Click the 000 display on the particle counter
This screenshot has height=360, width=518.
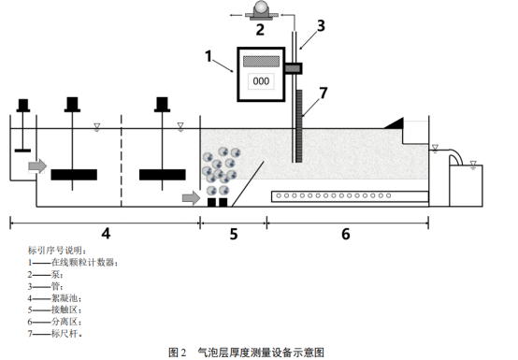pyautogui.click(x=261, y=81)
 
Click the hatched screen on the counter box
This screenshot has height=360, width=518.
pyautogui.click(x=261, y=62)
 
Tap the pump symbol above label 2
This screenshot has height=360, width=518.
pyautogui.click(x=261, y=10)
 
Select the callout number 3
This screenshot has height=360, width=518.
pyautogui.click(x=321, y=26)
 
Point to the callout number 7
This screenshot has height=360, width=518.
pyautogui.click(x=324, y=93)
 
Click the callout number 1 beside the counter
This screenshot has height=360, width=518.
pyautogui.click(x=209, y=56)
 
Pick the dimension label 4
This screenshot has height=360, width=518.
pyautogui.click(x=106, y=234)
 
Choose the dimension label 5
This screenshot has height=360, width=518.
pyautogui.click(x=234, y=234)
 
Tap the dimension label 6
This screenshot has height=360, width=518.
pyautogui.click(x=346, y=234)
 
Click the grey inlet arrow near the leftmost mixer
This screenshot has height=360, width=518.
pyautogui.click(x=37, y=166)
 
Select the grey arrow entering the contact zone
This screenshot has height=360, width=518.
pyautogui.click(x=192, y=198)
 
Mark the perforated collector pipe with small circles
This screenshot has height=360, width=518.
pyautogui.click(x=350, y=196)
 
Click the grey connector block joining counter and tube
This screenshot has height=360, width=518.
pyautogui.click(x=293, y=68)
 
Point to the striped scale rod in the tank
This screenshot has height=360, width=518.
pyautogui.click(x=299, y=126)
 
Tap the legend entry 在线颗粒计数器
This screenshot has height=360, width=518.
pyautogui.click(x=83, y=263)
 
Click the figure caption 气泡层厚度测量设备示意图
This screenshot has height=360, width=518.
pyautogui.click(x=261, y=353)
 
